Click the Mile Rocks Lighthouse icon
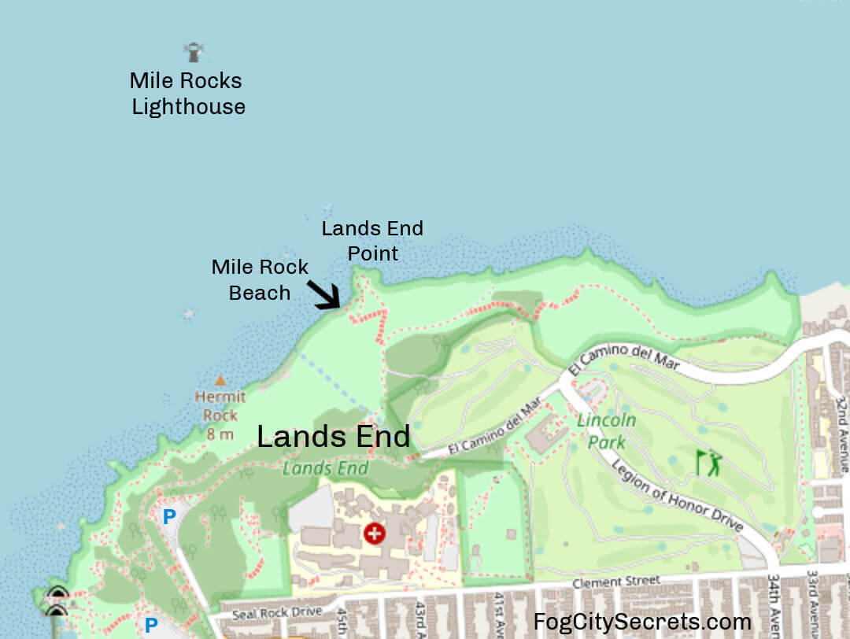click(193, 52)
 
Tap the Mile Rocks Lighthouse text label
click(187, 94)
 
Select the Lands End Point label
click(372, 241)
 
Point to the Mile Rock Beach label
click(260, 280)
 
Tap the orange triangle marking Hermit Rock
click(220, 380)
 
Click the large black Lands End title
click(334, 437)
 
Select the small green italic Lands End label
click(325, 468)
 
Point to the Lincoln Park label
click(606, 430)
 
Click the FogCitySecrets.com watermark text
click(642, 622)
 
